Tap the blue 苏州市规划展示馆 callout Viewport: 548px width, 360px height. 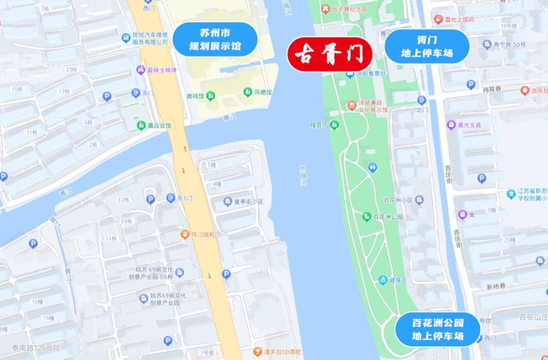tap(215, 40)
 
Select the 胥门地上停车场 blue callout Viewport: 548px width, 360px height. tap(426, 46)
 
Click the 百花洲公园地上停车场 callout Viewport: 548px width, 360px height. tap(437, 329)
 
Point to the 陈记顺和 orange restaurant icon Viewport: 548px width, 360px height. tap(185, 235)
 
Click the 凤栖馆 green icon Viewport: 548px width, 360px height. tap(248, 92)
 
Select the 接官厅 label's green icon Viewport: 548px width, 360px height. tap(334, 124)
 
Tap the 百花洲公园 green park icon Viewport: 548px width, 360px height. tap(366, 217)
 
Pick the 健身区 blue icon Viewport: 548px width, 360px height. tap(383, 280)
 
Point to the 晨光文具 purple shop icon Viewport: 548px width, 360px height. tap(451, 125)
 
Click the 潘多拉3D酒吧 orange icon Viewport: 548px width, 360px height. tap(258, 351)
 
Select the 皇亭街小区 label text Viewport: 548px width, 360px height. tap(249, 202)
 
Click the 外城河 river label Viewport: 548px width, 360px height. tap(303, 175)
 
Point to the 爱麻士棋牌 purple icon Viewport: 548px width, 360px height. tap(140, 70)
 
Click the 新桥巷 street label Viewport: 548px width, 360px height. tap(496, 287)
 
